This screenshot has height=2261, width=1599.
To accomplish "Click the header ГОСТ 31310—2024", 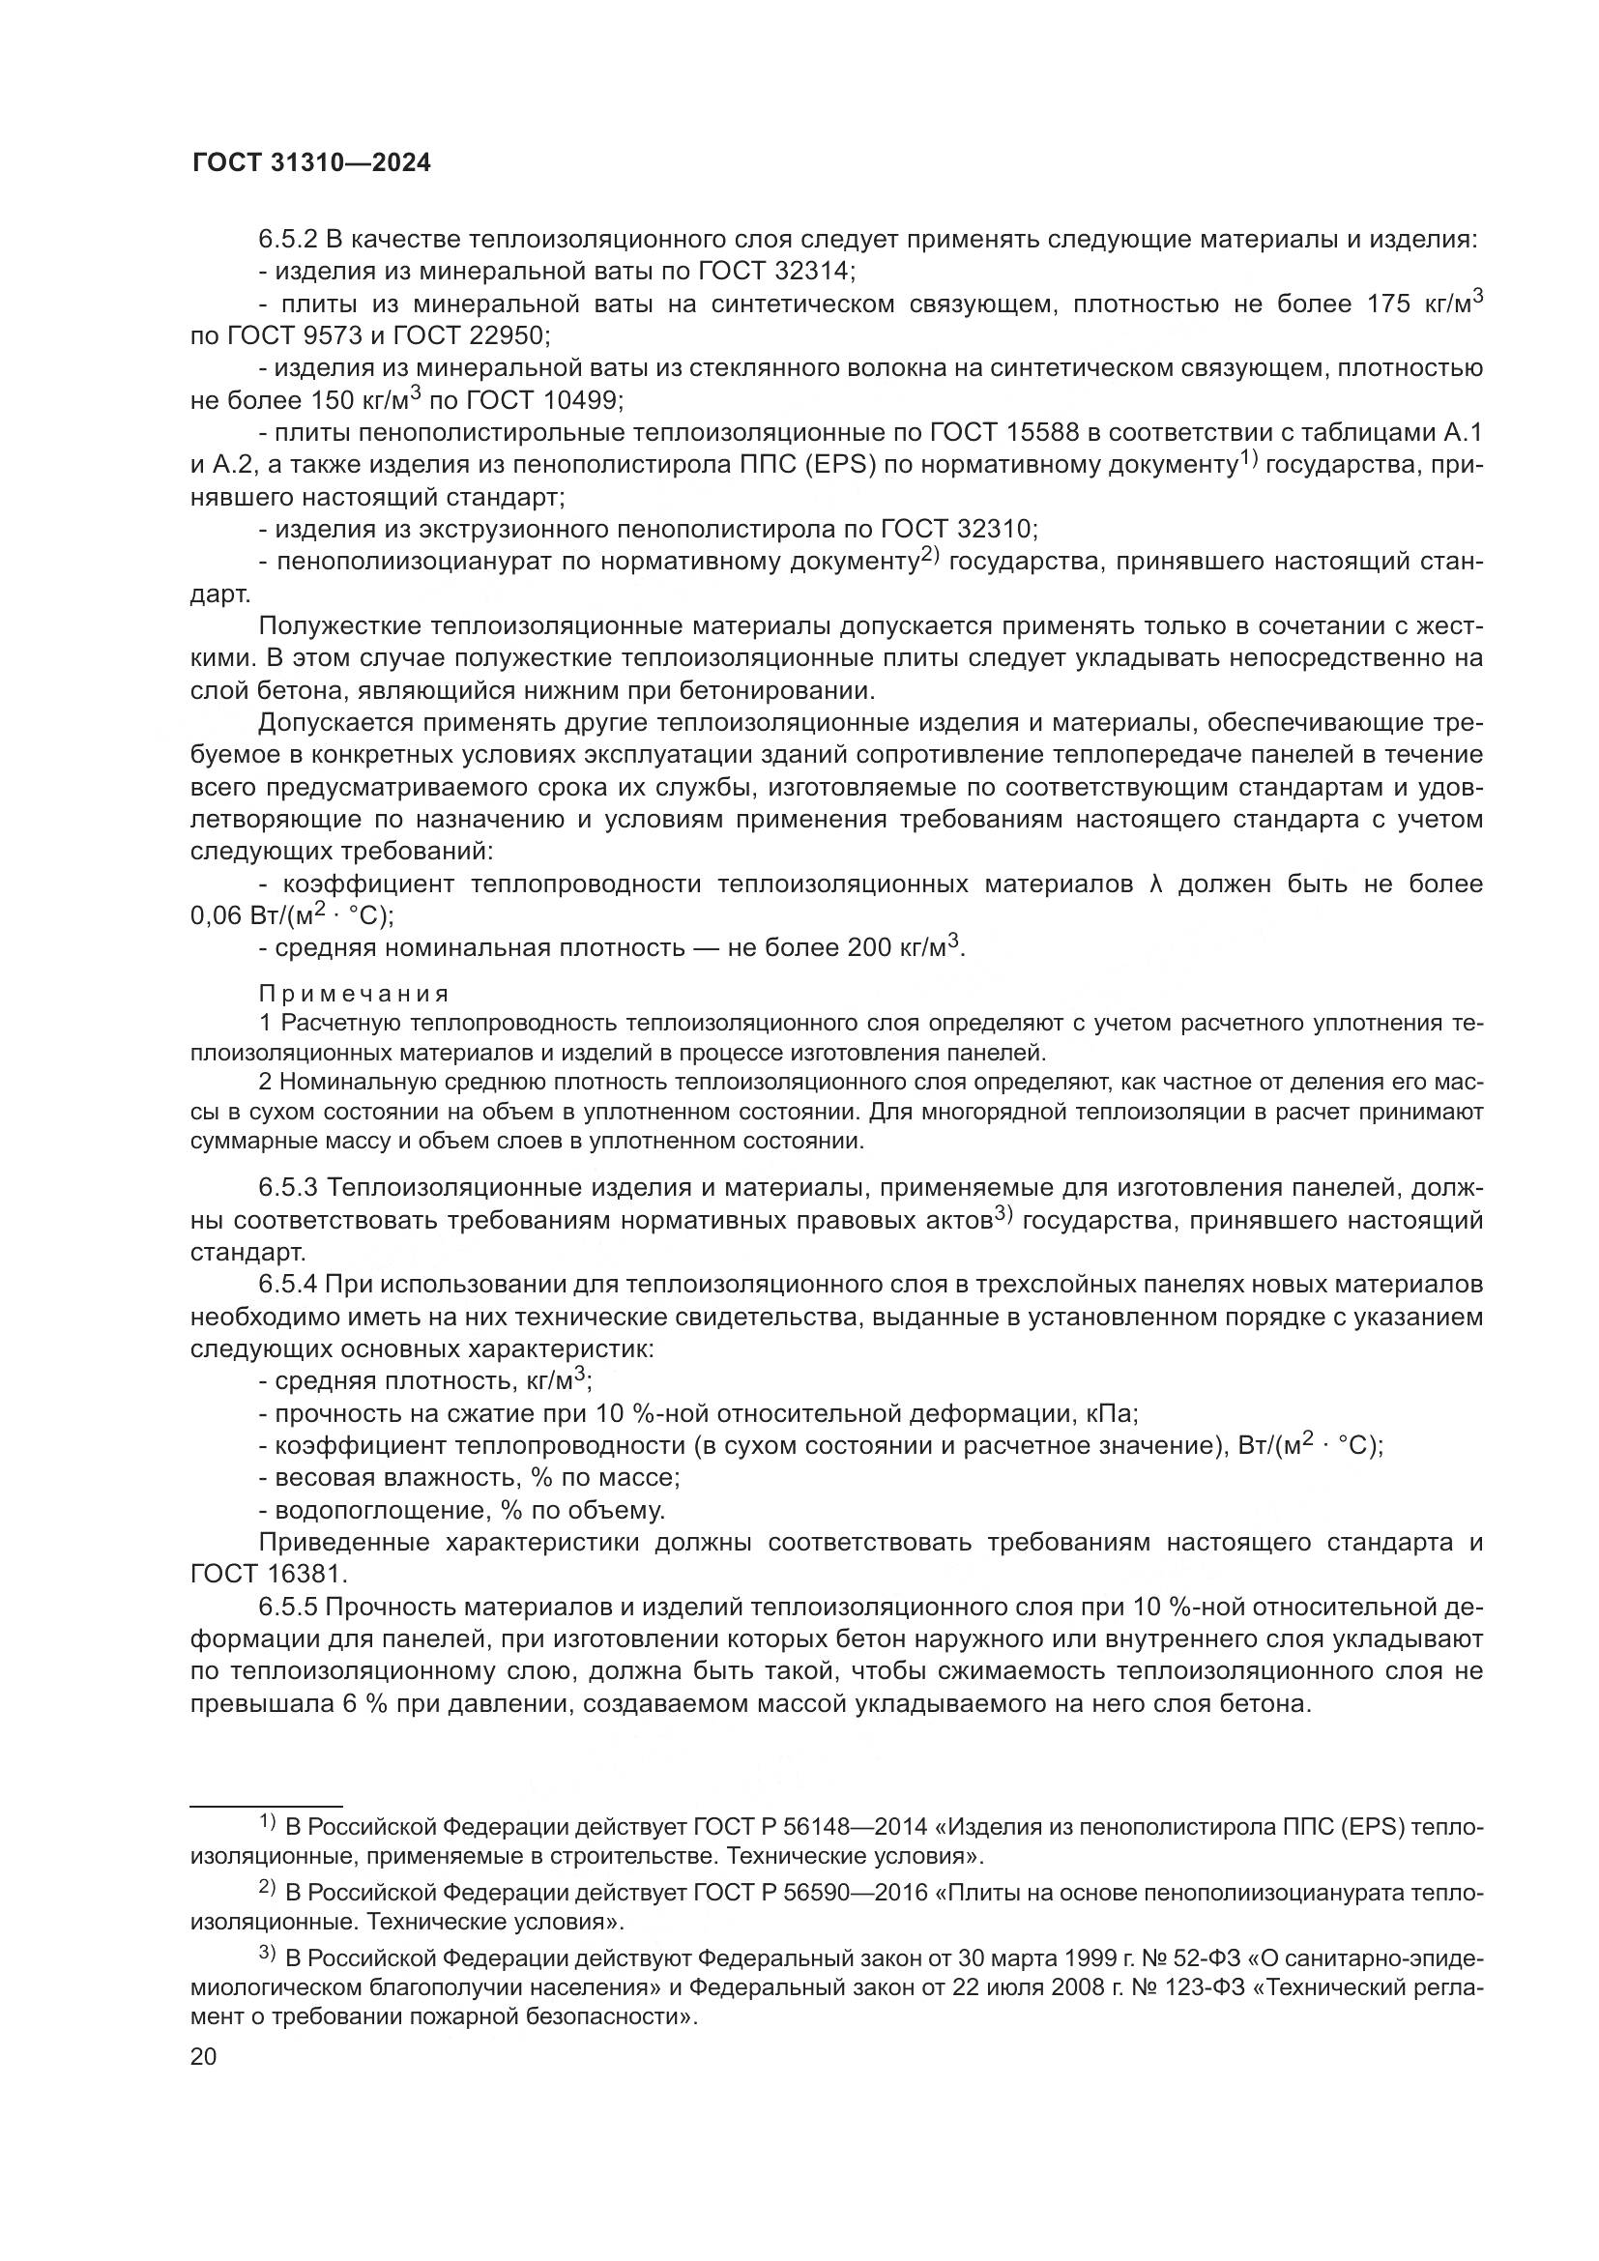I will pyautogui.click(x=311, y=163).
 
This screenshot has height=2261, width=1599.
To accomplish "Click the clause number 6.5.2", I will pyautogui.click(x=287, y=240).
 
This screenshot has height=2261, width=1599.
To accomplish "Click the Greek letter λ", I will pyautogui.click(x=1156, y=884).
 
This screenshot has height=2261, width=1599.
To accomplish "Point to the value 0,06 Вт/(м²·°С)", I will pyautogui.click(x=291, y=916).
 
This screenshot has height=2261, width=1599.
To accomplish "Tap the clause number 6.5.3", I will pyautogui.click(x=287, y=1189).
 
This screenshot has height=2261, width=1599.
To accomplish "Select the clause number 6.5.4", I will pyautogui.click(x=287, y=1285).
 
